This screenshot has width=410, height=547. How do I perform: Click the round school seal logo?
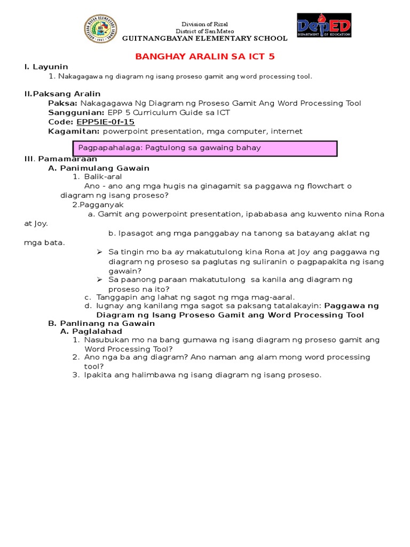[101, 29]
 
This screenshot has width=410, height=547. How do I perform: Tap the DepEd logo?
[324, 25]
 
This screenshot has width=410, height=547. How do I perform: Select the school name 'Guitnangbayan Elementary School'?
[205, 38]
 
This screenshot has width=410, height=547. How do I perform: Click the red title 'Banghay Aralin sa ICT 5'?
[205, 57]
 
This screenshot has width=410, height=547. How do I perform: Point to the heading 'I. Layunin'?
[46, 67]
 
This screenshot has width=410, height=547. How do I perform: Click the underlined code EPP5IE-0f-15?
[106, 122]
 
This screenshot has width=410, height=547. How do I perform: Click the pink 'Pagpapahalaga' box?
[204, 148]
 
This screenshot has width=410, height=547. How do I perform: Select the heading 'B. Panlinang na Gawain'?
[94, 323]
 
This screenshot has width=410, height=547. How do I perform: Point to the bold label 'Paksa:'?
[63, 103]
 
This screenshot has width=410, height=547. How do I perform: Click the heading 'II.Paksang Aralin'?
[62, 94]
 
